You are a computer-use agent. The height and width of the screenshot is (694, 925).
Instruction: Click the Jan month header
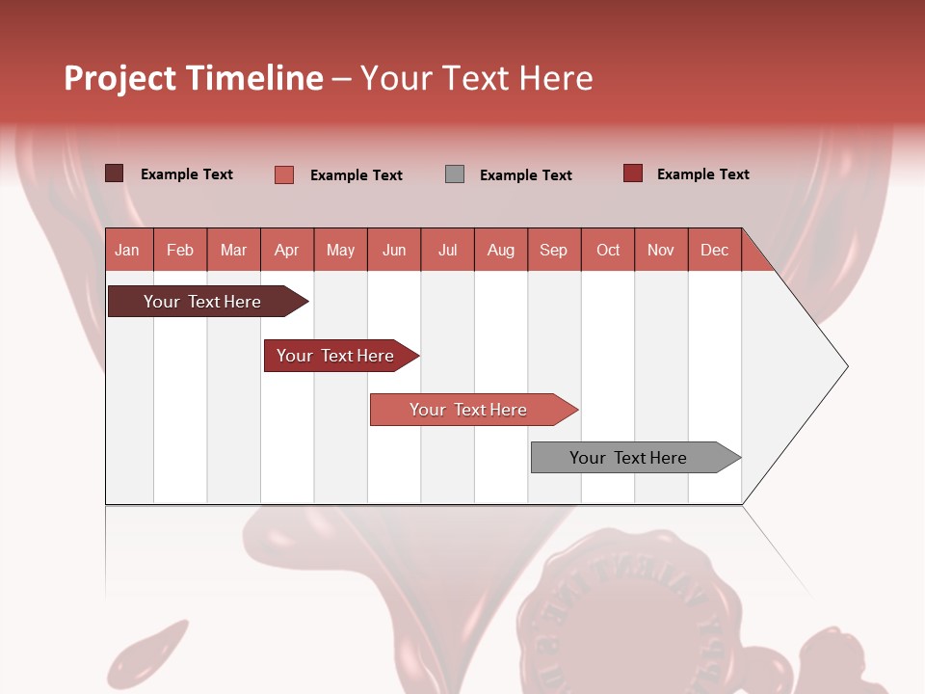pyautogui.click(x=127, y=250)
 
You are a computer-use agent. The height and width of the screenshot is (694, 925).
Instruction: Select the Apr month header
pyautogui.click(x=286, y=250)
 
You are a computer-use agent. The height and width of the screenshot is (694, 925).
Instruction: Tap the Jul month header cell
pyautogui.click(x=447, y=250)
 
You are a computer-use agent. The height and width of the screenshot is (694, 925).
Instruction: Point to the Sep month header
pyautogui.click(x=553, y=250)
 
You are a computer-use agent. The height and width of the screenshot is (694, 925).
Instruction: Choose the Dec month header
pyautogui.click(x=714, y=250)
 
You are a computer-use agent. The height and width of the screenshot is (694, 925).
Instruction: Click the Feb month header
pyautogui.click(x=180, y=250)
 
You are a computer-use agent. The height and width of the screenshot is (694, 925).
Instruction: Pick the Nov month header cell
pyautogui.click(x=661, y=250)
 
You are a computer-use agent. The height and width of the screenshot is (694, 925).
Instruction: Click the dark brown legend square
pyautogui.click(x=115, y=173)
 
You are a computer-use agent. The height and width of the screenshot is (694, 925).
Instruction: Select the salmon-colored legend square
pyautogui.click(x=284, y=174)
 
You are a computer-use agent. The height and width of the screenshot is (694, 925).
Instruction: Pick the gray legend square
pyautogui.click(x=455, y=174)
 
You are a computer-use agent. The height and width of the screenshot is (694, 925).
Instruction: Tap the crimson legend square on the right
pyautogui.click(x=633, y=173)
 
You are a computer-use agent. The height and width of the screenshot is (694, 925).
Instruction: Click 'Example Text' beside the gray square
pyautogui.click(x=525, y=175)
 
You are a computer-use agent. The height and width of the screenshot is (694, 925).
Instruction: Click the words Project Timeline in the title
pyautogui.click(x=194, y=78)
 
